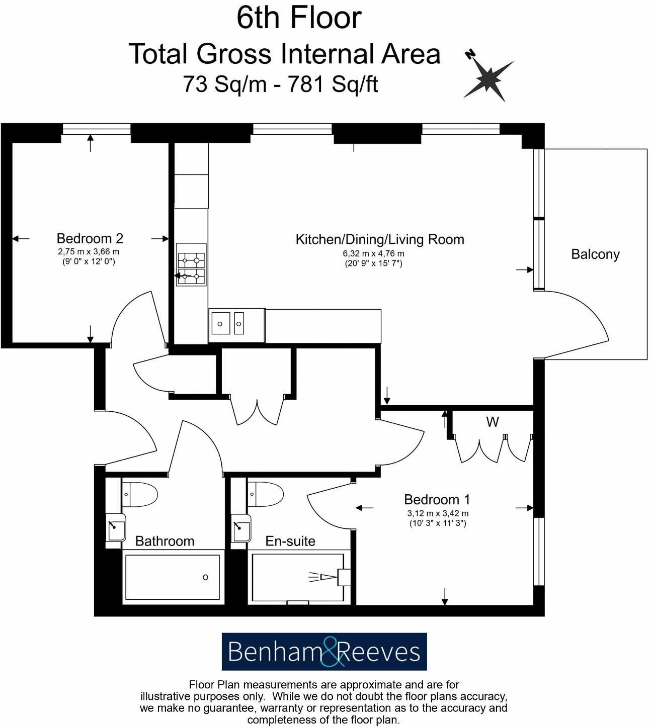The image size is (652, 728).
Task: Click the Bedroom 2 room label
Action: click(90, 238)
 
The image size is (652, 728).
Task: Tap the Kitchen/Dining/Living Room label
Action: click(379, 239)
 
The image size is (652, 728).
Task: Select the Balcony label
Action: click(595, 254)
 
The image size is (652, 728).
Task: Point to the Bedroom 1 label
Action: click(437, 500)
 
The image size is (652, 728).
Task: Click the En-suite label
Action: click(290, 541)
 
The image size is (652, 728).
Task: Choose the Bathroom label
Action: click(165, 541)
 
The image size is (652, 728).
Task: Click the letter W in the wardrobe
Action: click(492, 422)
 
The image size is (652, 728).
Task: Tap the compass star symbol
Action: click(487, 78)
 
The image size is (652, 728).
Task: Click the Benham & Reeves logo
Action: click(324, 652)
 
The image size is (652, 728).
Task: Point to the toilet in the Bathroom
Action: click(139, 494)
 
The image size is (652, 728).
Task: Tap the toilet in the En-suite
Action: click(266, 494)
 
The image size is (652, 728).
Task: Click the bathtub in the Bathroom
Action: click(172, 577)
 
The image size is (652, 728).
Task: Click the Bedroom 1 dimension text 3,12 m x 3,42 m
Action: click(437, 513)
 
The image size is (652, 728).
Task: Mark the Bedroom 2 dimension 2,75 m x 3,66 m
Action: click(89, 251)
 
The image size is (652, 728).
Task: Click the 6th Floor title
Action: click(299, 18)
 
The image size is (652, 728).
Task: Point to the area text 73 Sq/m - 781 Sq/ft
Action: click(280, 84)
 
